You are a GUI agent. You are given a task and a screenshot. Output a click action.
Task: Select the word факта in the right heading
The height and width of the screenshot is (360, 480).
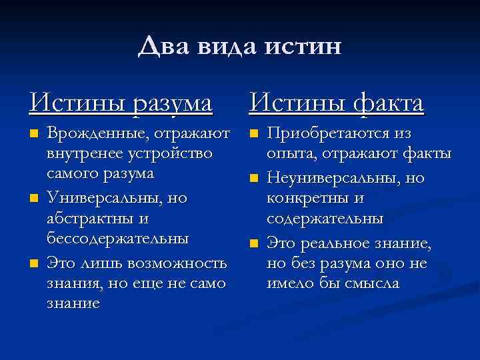point(383,103)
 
